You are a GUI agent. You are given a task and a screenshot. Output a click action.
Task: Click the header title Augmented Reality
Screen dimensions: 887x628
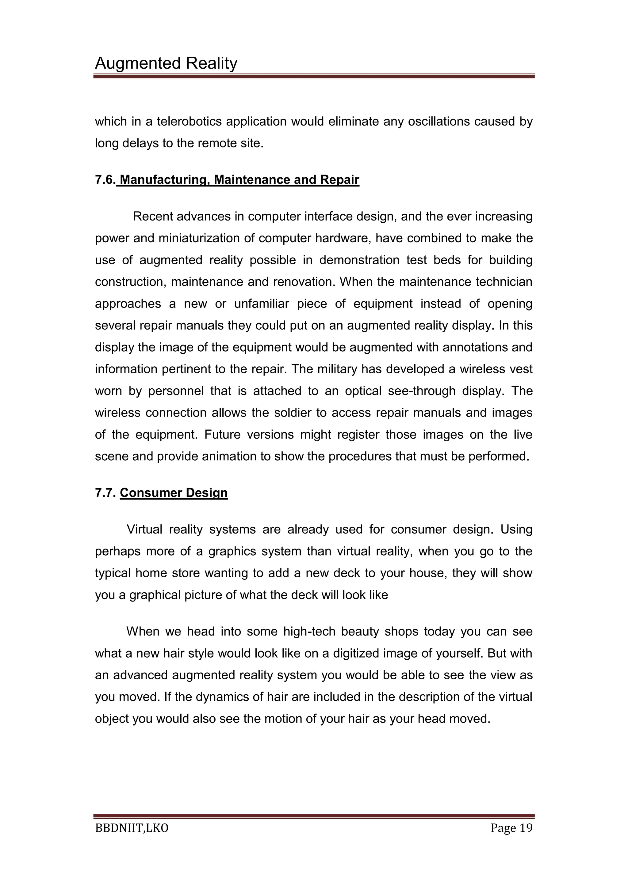pos(166,63)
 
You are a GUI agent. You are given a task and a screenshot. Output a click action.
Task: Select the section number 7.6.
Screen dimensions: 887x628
pos(105,180)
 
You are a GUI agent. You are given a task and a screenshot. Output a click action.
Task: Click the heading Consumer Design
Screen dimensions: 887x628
pos(174,493)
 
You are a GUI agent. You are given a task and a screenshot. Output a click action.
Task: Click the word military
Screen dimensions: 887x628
pos(338,369)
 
